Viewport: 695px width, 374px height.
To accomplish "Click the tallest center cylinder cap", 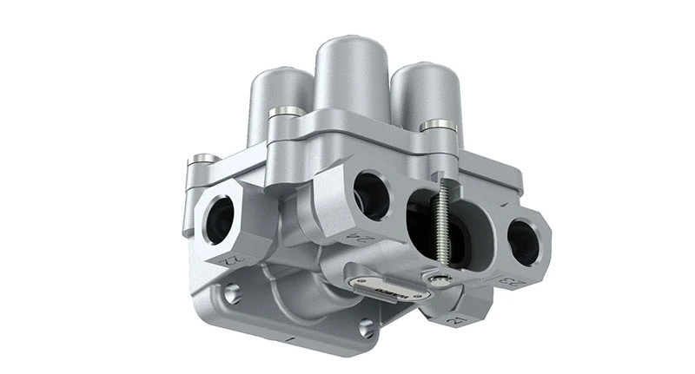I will [352, 74].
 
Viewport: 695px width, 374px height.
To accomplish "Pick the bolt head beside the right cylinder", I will [438, 127].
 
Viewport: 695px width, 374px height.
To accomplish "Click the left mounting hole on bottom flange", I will [232, 295].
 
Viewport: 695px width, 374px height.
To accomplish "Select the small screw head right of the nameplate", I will [442, 279].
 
